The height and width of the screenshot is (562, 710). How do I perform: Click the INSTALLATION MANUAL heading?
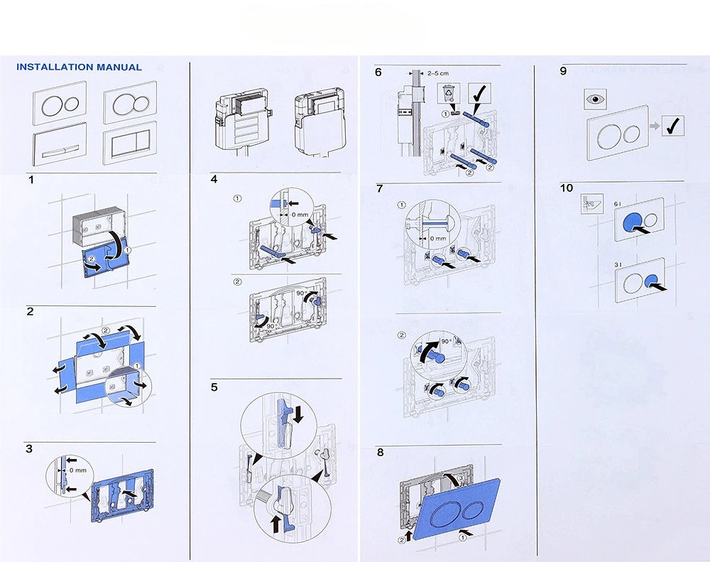point(79,67)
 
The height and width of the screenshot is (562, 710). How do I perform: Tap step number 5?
point(214,387)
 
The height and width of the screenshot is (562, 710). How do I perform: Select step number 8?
point(381,453)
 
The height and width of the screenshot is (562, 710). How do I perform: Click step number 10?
point(566,188)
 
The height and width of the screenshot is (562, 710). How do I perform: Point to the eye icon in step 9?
point(592,100)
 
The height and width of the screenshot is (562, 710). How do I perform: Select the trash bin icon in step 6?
point(449,94)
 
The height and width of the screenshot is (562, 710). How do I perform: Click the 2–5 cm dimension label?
point(438,73)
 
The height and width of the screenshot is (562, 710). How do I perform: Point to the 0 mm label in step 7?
point(437,239)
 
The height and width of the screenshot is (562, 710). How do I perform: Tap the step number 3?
point(29,448)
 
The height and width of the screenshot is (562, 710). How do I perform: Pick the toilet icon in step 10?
point(591,202)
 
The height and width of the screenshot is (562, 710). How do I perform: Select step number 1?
point(31,180)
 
